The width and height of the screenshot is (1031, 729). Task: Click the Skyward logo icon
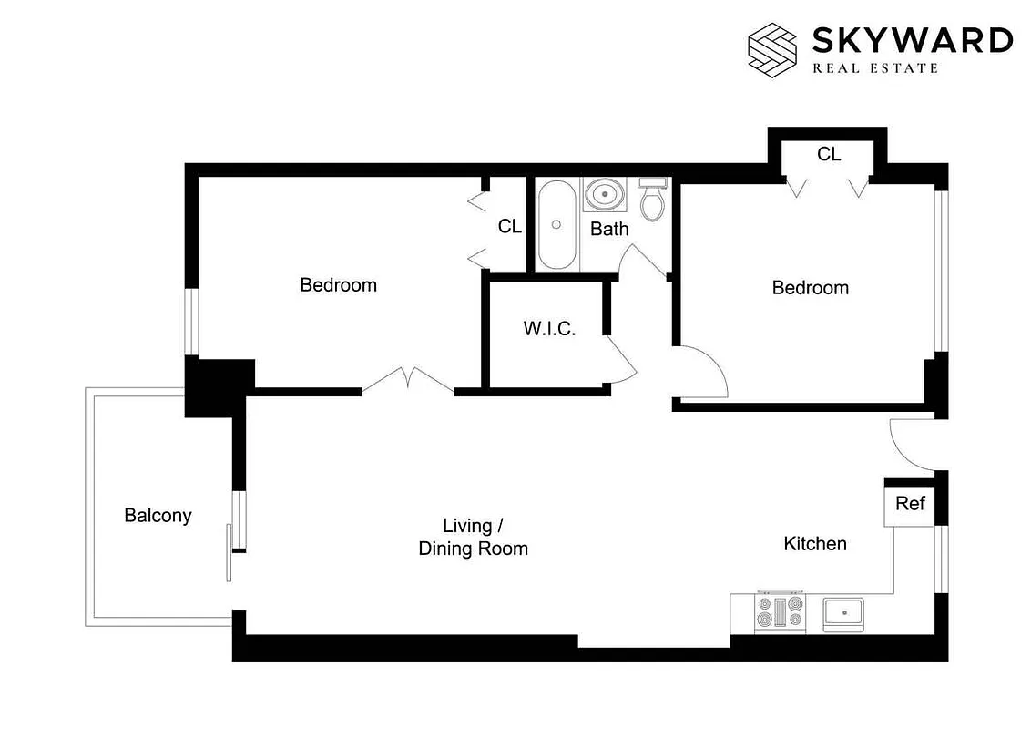(x=771, y=49)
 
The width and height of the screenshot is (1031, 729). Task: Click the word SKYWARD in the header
(x=911, y=41)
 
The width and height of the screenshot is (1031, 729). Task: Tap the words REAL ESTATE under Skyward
(x=874, y=68)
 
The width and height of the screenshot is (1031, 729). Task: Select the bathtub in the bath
(x=556, y=225)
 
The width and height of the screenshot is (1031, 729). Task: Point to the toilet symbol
(x=652, y=200)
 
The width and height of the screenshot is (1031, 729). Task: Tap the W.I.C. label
(x=549, y=329)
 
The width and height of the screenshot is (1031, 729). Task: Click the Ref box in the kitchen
(x=910, y=504)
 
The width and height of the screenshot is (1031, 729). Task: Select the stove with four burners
(x=781, y=611)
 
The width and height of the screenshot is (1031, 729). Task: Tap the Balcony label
(x=158, y=516)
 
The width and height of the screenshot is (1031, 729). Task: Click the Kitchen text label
(x=815, y=544)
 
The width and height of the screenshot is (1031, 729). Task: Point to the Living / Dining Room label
(x=473, y=537)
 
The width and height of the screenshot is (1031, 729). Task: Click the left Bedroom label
(x=338, y=285)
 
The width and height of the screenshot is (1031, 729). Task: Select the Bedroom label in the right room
(x=810, y=288)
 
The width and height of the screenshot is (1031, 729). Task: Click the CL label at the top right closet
(x=829, y=155)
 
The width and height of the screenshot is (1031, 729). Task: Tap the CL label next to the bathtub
(x=510, y=226)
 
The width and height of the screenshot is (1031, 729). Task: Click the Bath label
(x=609, y=229)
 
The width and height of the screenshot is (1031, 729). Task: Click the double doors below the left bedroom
(x=408, y=381)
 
